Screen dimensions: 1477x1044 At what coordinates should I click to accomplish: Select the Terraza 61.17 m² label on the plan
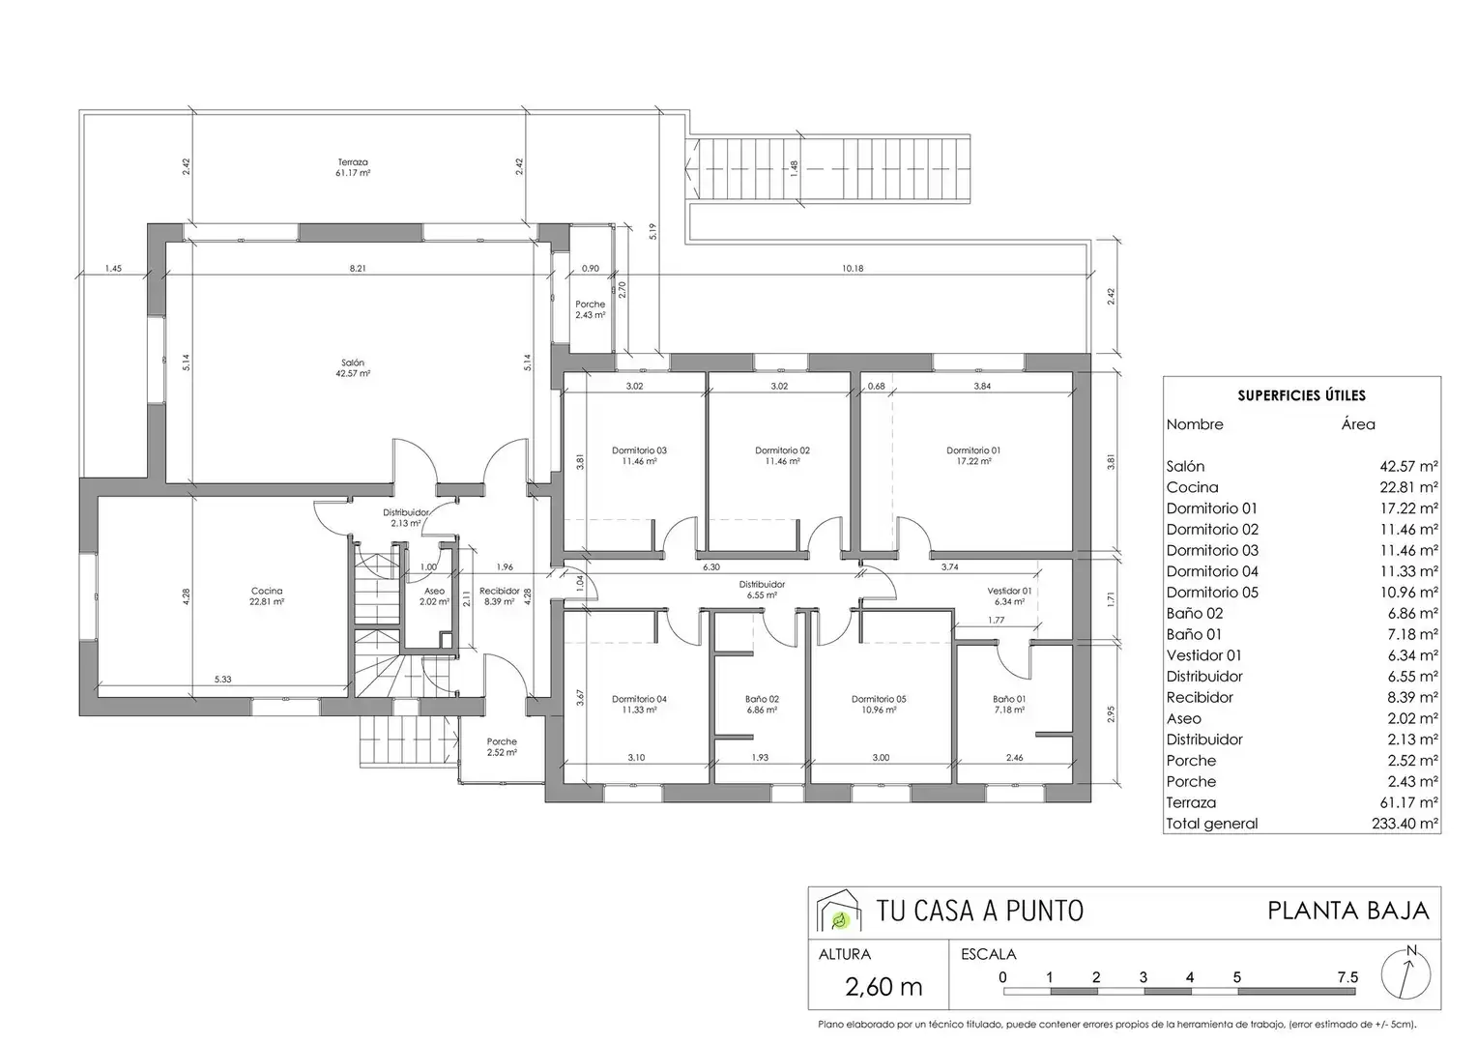(353, 167)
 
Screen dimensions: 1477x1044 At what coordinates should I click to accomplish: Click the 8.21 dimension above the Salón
(358, 269)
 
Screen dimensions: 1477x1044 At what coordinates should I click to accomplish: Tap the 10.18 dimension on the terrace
(852, 269)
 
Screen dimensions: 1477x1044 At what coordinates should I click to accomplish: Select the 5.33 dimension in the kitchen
(223, 680)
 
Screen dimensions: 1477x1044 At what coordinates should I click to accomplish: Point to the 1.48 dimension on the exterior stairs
(795, 169)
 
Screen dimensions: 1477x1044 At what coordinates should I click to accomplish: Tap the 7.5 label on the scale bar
(1347, 977)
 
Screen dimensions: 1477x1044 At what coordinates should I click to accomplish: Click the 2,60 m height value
(883, 987)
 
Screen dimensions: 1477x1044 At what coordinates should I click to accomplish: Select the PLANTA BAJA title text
(1348, 911)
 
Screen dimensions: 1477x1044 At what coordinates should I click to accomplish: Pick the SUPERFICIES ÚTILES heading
(1302, 395)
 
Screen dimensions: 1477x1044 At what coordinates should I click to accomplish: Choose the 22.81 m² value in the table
(1409, 487)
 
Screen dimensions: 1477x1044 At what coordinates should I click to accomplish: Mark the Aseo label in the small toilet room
(435, 591)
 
